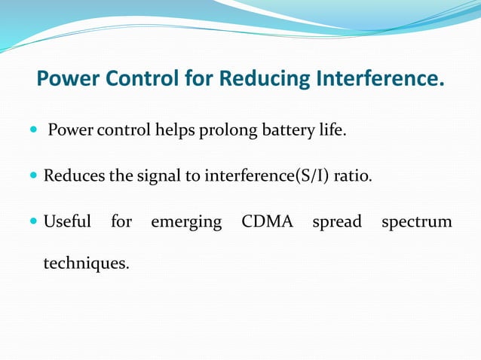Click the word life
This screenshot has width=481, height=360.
332,132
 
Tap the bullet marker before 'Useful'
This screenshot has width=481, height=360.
34,224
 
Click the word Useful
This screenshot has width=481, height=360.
67,223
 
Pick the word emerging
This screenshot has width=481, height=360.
186,224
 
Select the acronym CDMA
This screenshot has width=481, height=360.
268,223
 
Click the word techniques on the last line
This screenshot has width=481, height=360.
86,264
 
